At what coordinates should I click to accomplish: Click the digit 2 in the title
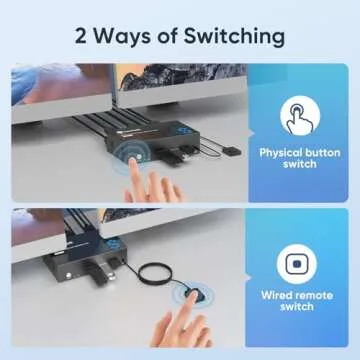coord(80,36)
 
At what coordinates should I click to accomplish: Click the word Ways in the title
coord(122,37)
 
